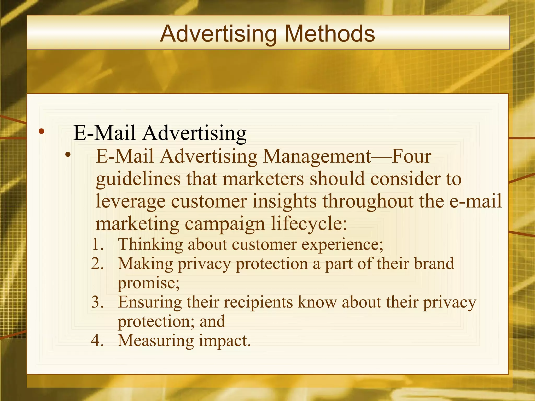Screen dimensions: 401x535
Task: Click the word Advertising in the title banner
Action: click(218, 34)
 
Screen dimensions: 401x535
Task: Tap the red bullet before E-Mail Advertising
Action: click(41, 131)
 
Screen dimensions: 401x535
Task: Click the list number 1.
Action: click(98, 245)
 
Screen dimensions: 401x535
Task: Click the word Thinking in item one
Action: click(150, 245)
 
